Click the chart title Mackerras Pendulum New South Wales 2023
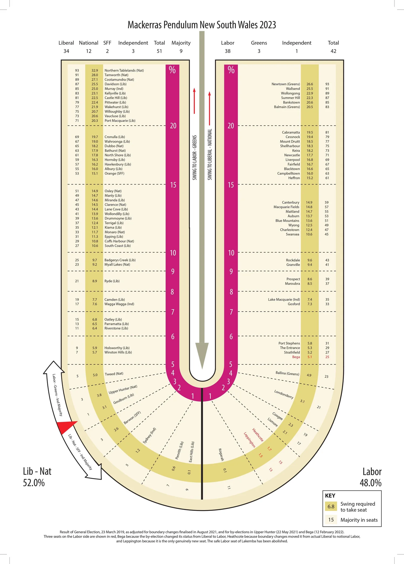202,25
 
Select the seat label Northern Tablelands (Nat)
124,70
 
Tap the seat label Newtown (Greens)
285,84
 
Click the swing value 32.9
95,70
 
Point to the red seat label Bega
296,357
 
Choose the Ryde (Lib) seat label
112,281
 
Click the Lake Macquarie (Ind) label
284,300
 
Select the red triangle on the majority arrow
67,427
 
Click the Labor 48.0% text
371,477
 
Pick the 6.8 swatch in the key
331,507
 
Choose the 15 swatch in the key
331,520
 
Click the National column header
89,43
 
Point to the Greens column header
259,43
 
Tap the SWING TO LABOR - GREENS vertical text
194,157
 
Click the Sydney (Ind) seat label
149,436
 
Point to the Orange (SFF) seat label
114,173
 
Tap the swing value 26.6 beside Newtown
310,84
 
